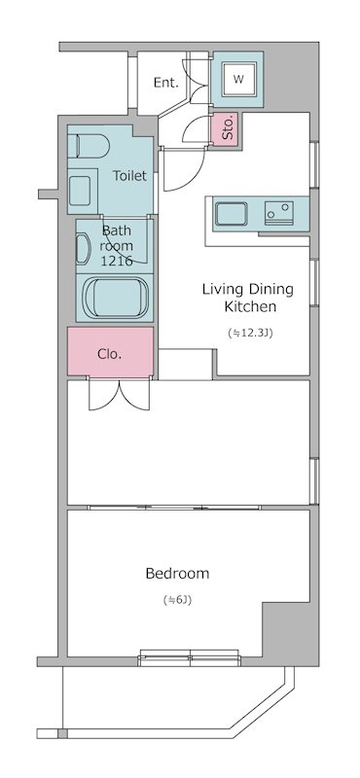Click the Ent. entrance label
pyautogui.click(x=165, y=83)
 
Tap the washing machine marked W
pyautogui.click(x=238, y=80)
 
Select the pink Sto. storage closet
pyautogui.click(x=226, y=129)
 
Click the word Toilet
pyautogui.click(x=129, y=175)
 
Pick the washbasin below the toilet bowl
pyautogui.click(x=80, y=191)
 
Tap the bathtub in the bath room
pyautogui.click(x=116, y=298)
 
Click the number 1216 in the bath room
pyautogui.click(x=117, y=261)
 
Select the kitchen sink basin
pyautogui.click(x=231, y=214)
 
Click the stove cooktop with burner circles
pyautogui.click(x=278, y=213)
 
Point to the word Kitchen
pyautogui.click(x=250, y=306)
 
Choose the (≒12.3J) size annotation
pyautogui.click(x=250, y=333)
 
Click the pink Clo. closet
pyautogui.click(x=110, y=351)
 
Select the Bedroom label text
pyautogui.click(x=177, y=574)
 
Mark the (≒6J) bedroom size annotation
pyautogui.click(x=177, y=600)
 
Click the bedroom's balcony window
pyautogui.click(x=190, y=657)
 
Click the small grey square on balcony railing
pyautogui.click(x=62, y=733)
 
